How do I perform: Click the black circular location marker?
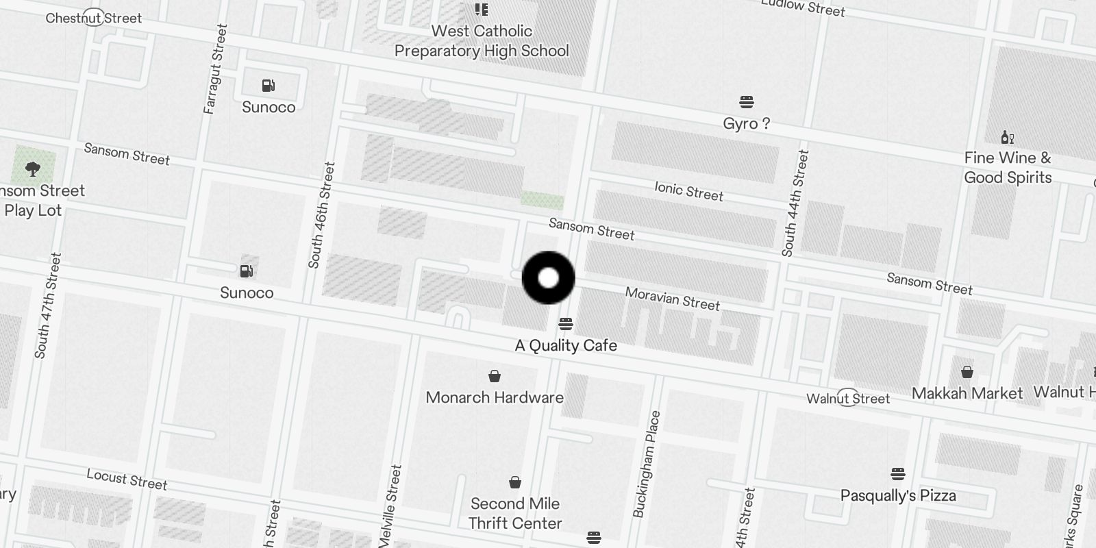point(548,277)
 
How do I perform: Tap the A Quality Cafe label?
point(566,345)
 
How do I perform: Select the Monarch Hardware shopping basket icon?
point(494,376)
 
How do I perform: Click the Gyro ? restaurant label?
point(746,124)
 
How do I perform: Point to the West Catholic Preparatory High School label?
point(482,41)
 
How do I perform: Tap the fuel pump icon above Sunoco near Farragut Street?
point(269,86)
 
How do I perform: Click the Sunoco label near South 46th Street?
point(247,293)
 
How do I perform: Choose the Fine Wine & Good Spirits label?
point(1007,168)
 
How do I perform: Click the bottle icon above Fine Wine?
point(1007,138)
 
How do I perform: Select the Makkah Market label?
point(967,393)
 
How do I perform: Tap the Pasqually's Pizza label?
point(898,495)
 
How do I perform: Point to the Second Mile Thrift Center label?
point(515,513)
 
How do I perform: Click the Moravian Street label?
point(672,299)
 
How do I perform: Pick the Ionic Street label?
point(688,191)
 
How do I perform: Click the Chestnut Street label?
point(94,18)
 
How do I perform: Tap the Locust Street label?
point(127,479)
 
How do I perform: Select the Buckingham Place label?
point(647,464)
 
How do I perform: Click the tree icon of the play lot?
point(32,169)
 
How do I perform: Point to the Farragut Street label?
point(214,68)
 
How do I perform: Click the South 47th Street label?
point(48,306)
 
